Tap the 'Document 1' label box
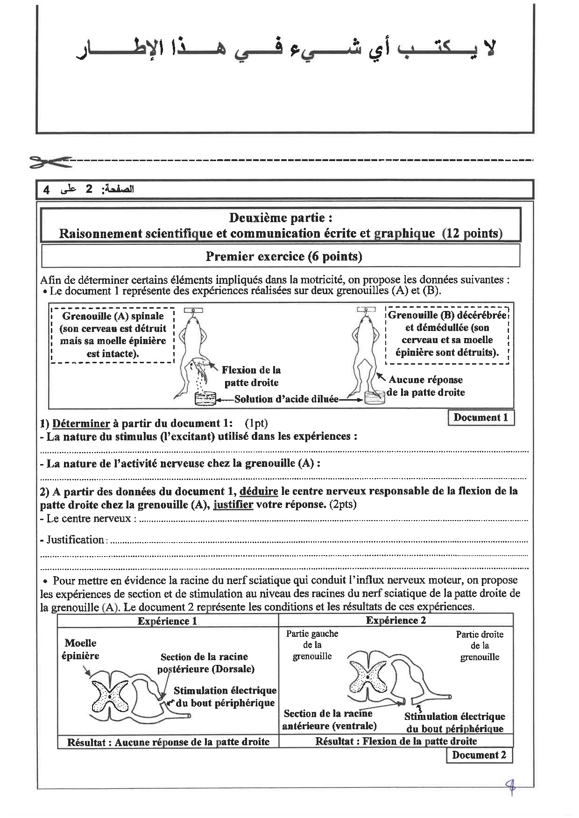480,418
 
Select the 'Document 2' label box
479,755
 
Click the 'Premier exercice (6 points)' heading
283,256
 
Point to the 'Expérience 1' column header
167,621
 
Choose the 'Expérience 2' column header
395,620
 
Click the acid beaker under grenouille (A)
205,399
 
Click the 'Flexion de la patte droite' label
251,376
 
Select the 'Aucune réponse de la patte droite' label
425,386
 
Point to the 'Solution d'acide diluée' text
286,399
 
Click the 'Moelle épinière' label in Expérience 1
80,649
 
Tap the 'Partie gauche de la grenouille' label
312,645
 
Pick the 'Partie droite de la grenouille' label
480,645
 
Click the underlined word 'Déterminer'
81,423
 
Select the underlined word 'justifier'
233,504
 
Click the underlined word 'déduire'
259,491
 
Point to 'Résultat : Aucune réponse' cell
168,742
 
